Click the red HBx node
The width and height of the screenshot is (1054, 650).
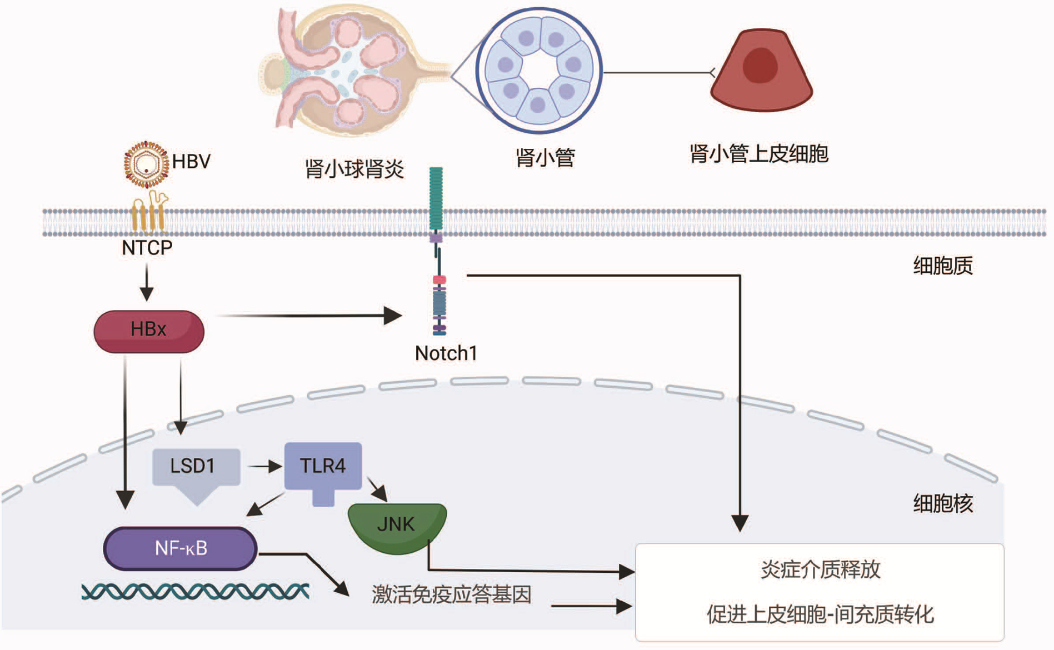149,331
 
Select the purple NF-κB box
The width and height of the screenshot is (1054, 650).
181,548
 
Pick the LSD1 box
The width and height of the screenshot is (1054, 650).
196,467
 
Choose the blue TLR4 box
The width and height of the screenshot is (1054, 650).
323,466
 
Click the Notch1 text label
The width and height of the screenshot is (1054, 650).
446,353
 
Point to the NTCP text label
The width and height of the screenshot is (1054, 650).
147,248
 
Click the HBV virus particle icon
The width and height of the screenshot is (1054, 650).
146,164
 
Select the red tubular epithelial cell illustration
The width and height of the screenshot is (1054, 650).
761,71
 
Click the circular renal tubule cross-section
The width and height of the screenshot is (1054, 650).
539,71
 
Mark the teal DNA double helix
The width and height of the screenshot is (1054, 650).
195,592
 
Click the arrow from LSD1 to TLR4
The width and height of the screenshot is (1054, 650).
264,467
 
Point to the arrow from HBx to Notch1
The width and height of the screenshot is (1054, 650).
308,316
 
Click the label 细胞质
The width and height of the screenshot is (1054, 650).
943,266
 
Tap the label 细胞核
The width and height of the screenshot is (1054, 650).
943,504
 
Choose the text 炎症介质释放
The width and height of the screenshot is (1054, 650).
820,570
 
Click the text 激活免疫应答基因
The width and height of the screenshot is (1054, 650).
452,595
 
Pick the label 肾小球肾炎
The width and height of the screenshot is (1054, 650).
354,169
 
